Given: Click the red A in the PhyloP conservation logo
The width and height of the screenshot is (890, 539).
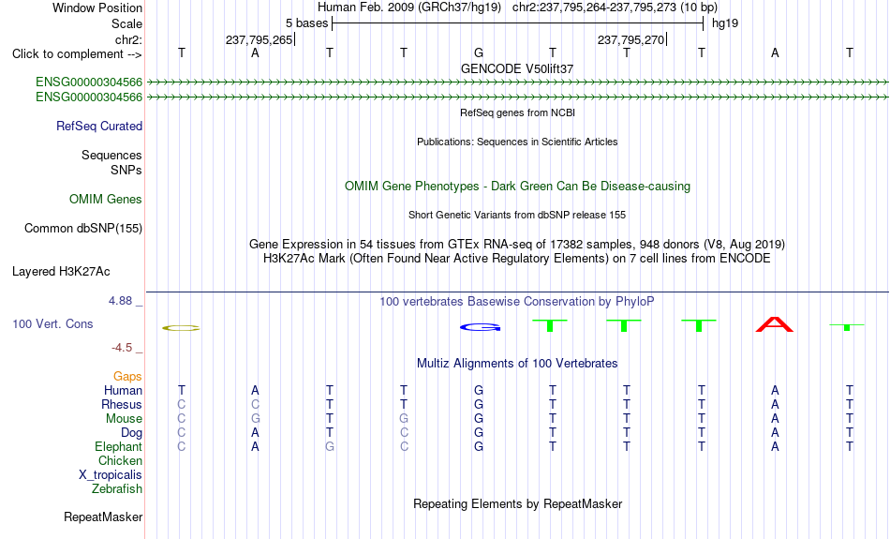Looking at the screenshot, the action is click(775, 325).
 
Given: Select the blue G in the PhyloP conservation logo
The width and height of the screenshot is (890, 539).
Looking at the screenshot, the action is click(481, 327).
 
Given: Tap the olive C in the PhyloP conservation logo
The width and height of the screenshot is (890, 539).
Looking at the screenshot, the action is click(181, 328).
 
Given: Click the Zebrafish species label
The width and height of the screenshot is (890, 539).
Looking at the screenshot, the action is click(117, 489).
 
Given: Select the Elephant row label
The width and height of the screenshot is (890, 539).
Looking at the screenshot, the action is click(119, 447).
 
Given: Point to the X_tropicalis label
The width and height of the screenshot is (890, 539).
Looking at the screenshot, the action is click(111, 475).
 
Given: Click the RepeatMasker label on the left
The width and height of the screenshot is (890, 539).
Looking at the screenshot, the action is click(103, 517).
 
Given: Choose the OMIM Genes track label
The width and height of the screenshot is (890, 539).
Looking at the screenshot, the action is click(106, 200).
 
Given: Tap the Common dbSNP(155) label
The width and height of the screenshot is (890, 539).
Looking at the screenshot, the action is click(83, 229).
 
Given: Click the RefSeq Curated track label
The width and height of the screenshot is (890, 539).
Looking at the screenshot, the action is click(99, 127).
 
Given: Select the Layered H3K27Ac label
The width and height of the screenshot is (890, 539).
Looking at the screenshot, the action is click(61, 272).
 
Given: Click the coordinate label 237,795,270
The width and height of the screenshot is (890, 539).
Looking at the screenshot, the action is click(630, 39).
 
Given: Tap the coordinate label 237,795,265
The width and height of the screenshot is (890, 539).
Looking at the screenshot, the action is click(259, 39).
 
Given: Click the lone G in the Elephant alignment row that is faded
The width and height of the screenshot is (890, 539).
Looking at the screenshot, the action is click(329, 447).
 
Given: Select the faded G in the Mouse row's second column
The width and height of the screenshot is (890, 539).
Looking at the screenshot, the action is click(256, 419).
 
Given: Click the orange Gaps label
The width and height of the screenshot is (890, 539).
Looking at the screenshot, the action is click(127, 377).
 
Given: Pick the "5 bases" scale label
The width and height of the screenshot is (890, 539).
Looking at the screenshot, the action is click(306, 23).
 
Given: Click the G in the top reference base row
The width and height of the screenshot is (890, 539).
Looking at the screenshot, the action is click(479, 52).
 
